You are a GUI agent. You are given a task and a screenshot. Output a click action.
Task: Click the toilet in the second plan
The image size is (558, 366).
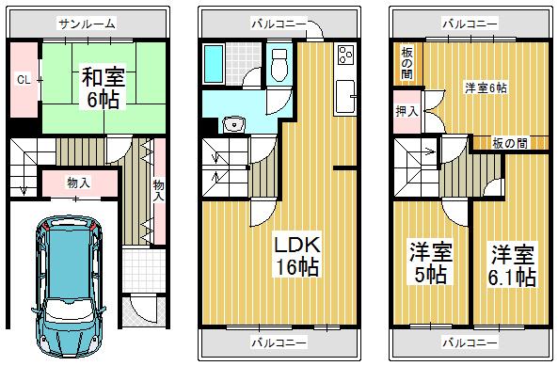click(279, 66)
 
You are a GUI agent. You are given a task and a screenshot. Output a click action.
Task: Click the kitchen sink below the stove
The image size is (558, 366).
click(344, 95)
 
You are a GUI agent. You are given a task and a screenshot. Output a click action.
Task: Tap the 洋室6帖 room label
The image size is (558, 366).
click(485, 87)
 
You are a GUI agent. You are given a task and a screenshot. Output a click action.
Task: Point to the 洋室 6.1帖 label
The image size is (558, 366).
click(512, 263)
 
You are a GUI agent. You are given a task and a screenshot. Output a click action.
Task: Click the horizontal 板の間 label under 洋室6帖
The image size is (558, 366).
click(509, 143)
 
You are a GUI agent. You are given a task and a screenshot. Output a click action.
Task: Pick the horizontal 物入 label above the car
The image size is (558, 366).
click(78, 182)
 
